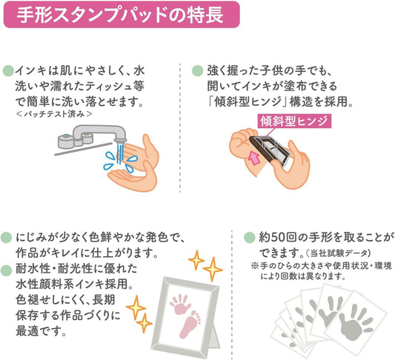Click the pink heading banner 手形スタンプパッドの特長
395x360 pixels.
tap(122, 14)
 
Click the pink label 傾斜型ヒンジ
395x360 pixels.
tap(294, 121)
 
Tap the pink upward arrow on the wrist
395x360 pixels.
tap(253, 158)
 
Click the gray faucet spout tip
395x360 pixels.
tap(119, 139)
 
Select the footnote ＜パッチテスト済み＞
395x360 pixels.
tap(54, 114)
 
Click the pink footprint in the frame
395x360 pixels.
tap(190, 324)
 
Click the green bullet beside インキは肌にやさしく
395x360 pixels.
tap(8, 71)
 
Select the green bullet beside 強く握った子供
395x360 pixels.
tap(197, 70)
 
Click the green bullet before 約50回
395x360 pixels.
tap(250, 237)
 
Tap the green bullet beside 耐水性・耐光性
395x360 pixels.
tap(6, 270)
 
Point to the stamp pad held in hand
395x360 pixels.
tap(270, 151)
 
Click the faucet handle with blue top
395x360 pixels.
tap(66, 141)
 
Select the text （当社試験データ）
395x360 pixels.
tap(338, 253)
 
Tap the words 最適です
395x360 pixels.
tap(41, 331)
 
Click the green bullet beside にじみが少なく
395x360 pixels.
tap(6, 237)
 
